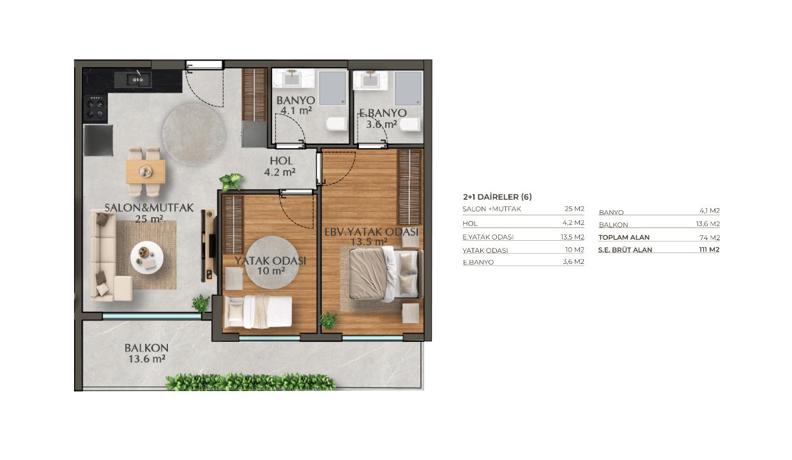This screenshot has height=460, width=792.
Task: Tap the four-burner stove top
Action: click(x=95, y=108)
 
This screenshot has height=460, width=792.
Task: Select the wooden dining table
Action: click(x=146, y=172)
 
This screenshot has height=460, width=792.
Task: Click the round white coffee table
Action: click(x=147, y=257)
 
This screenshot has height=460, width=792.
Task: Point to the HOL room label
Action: click(x=281, y=161)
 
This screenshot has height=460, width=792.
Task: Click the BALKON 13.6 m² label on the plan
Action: click(x=147, y=353)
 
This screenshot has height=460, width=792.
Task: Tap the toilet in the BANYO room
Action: click(x=335, y=124)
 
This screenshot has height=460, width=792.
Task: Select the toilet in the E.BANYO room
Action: click(x=410, y=124)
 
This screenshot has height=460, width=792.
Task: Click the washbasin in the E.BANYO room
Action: click(x=370, y=80)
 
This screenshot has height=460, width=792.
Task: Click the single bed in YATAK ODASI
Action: click(x=259, y=312)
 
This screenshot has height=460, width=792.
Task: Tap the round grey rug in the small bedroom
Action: click(x=273, y=263)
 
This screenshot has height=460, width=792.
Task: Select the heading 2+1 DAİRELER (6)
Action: click(x=497, y=197)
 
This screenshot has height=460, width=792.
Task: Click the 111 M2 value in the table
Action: click(x=709, y=249)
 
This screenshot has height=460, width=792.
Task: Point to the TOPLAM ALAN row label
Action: click(x=623, y=237)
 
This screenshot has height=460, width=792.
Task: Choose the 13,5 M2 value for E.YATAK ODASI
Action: click(x=572, y=237)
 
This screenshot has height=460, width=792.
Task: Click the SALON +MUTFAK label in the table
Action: click(x=492, y=209)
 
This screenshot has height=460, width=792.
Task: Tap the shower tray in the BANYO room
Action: click(x=333, y=88)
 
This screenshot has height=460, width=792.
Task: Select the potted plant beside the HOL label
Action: click(x=231, y=182)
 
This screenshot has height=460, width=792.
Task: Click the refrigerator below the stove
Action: click(x=98, y=141)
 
